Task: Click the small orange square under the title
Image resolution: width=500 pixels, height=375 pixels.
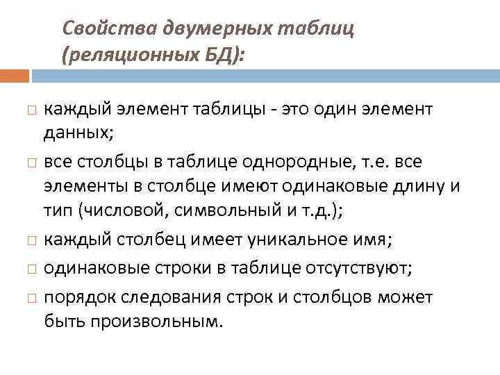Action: click(x=15, y=75)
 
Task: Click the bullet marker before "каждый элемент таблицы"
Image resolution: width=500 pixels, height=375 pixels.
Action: click(x=26, y=110)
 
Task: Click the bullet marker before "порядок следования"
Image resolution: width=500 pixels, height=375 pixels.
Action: click(x=26, y=298)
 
